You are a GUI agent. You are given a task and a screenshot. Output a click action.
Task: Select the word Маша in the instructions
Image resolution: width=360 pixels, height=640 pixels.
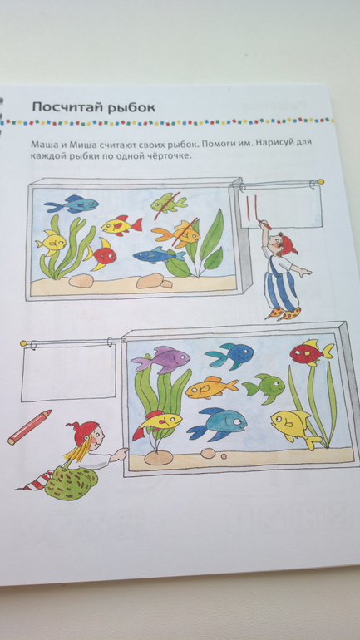coord(42,144)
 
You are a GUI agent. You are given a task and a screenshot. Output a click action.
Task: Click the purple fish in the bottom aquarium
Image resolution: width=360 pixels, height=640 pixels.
coord(160,360)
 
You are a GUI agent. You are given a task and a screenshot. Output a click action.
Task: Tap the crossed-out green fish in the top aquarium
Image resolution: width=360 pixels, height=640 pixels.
coord(169,203)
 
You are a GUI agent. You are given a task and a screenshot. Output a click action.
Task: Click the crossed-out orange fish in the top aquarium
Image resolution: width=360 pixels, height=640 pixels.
coord(176,234)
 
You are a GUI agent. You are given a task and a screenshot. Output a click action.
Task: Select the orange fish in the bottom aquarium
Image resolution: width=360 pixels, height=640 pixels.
coord(211,387)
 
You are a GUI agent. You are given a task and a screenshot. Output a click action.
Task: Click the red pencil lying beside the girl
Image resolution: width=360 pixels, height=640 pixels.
coord(29,427)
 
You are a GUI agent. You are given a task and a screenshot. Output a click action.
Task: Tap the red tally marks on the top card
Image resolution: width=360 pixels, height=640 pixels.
coord(250,207)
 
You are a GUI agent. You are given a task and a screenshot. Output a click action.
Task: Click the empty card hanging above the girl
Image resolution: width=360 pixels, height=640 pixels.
coord(68,372)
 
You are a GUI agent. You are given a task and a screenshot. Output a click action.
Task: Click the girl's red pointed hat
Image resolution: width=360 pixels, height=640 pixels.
coord(85,432)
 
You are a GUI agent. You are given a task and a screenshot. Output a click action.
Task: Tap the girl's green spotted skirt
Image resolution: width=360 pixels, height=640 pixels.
coord(72,483)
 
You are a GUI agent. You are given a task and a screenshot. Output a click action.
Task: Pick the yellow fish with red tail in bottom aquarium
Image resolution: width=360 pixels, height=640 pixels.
coord(157,423)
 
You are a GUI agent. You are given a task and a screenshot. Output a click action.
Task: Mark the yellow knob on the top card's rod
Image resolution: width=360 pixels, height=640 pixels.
coord(320,181)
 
